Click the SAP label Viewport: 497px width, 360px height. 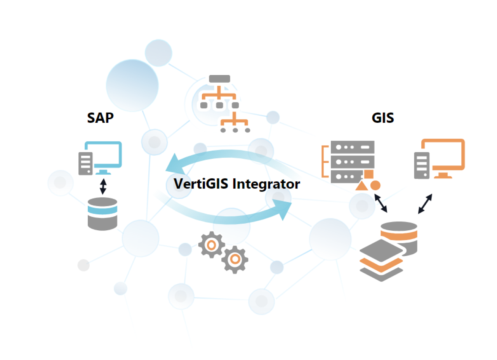click(x=100, y=118)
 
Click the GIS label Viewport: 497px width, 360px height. click(x=383, y=118)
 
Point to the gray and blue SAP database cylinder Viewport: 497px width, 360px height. click(x=103, y=213)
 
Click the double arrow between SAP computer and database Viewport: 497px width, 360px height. click(x=103, y=186)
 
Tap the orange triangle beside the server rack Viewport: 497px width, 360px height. click(x=361, y=186)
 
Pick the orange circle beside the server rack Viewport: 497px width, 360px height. click(x=375, y=185)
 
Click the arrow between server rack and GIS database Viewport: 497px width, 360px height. click(x=381, y=203)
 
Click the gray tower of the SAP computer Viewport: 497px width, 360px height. click(x=85, y=163)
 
